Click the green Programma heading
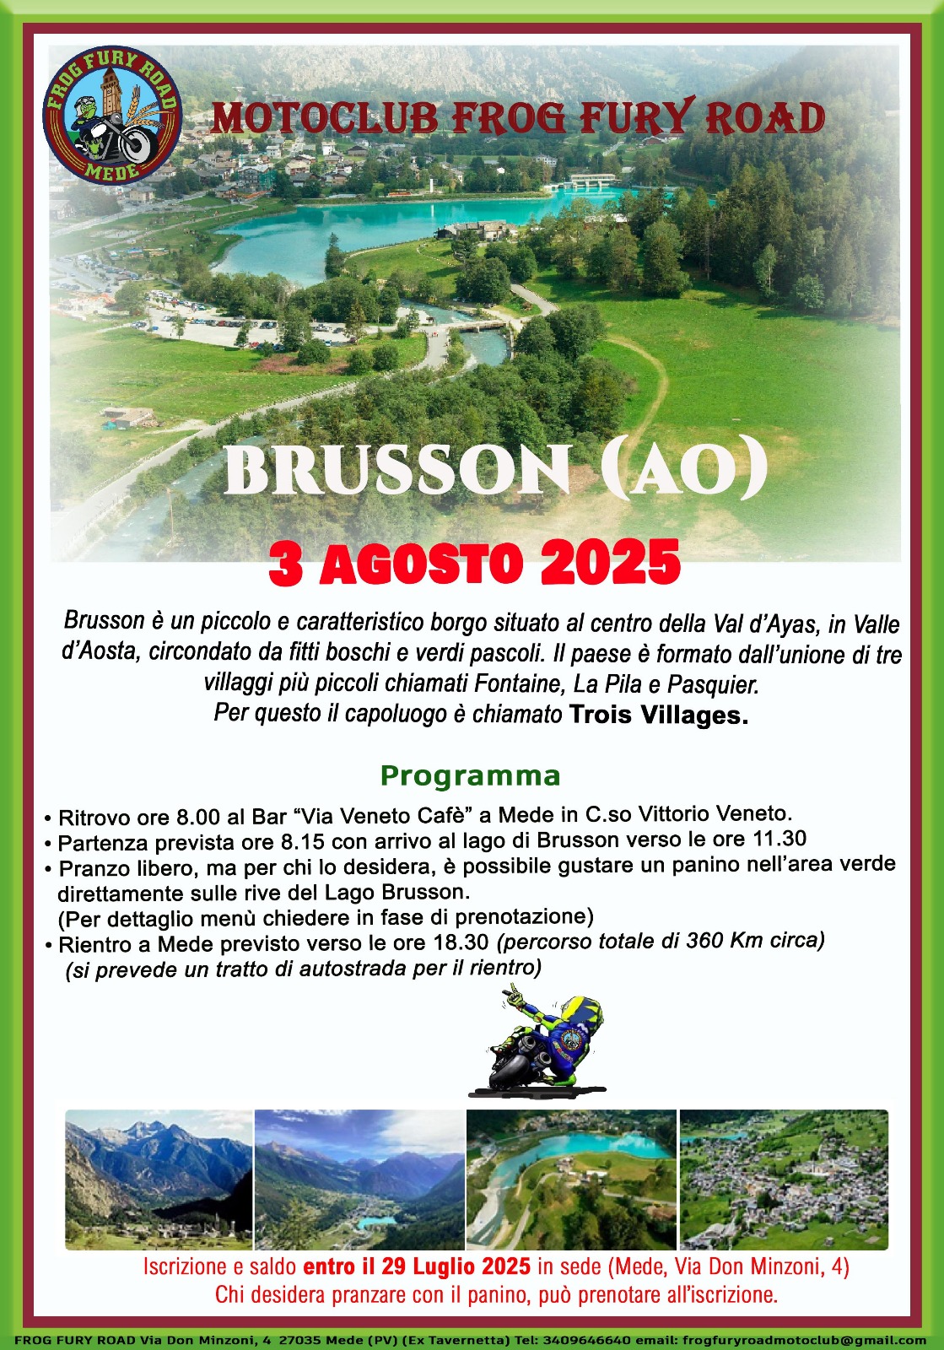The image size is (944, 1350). (x=470, y=776)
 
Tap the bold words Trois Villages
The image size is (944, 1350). (x=659, y=715)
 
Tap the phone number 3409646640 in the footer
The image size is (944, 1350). (x=586, y=1341)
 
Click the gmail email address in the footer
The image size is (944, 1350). (x=808, y=1341)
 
